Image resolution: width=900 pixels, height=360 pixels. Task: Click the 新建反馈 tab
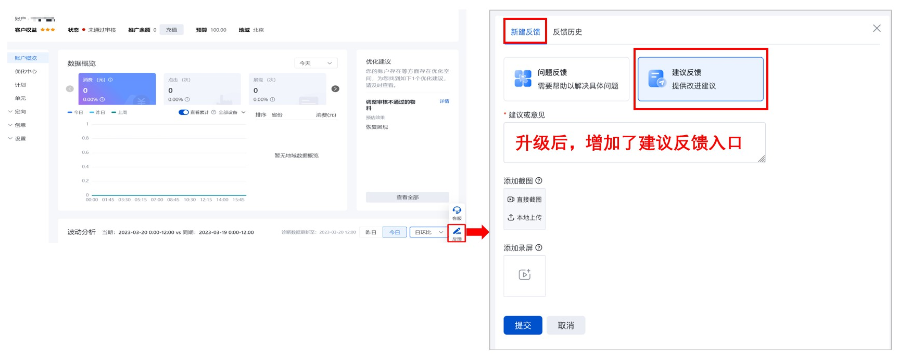(x=525, y=32)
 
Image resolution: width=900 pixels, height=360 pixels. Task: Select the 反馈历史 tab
(x=567, y=32)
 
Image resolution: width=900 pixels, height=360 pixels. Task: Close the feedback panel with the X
(x=877, y=28)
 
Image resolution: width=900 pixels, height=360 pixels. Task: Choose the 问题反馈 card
(x=567, y=79)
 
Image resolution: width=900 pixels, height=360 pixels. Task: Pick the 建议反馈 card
(x=700, y=79)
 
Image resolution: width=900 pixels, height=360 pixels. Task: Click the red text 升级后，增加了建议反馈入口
(x=634, y=142)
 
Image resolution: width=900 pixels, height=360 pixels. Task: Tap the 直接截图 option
(x=525, y=198)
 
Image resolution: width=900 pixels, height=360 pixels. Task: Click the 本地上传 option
(x=525, y=216)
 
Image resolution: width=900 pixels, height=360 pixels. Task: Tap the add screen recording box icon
(x=524, y=274)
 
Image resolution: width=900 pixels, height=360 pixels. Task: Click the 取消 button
(x=566, y=325)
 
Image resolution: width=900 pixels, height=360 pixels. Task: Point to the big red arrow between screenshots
(x=476, y=232)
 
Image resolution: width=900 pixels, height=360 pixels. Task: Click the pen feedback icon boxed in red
(x=457, y=232)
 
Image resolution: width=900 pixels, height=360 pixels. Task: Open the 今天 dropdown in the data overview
(x=317, y=63)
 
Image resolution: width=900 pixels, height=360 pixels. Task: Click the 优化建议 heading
(x=379, y=61)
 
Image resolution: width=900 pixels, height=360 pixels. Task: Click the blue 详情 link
(x=444, y=101)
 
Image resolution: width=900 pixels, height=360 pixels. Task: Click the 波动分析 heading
(x=83, y=232)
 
